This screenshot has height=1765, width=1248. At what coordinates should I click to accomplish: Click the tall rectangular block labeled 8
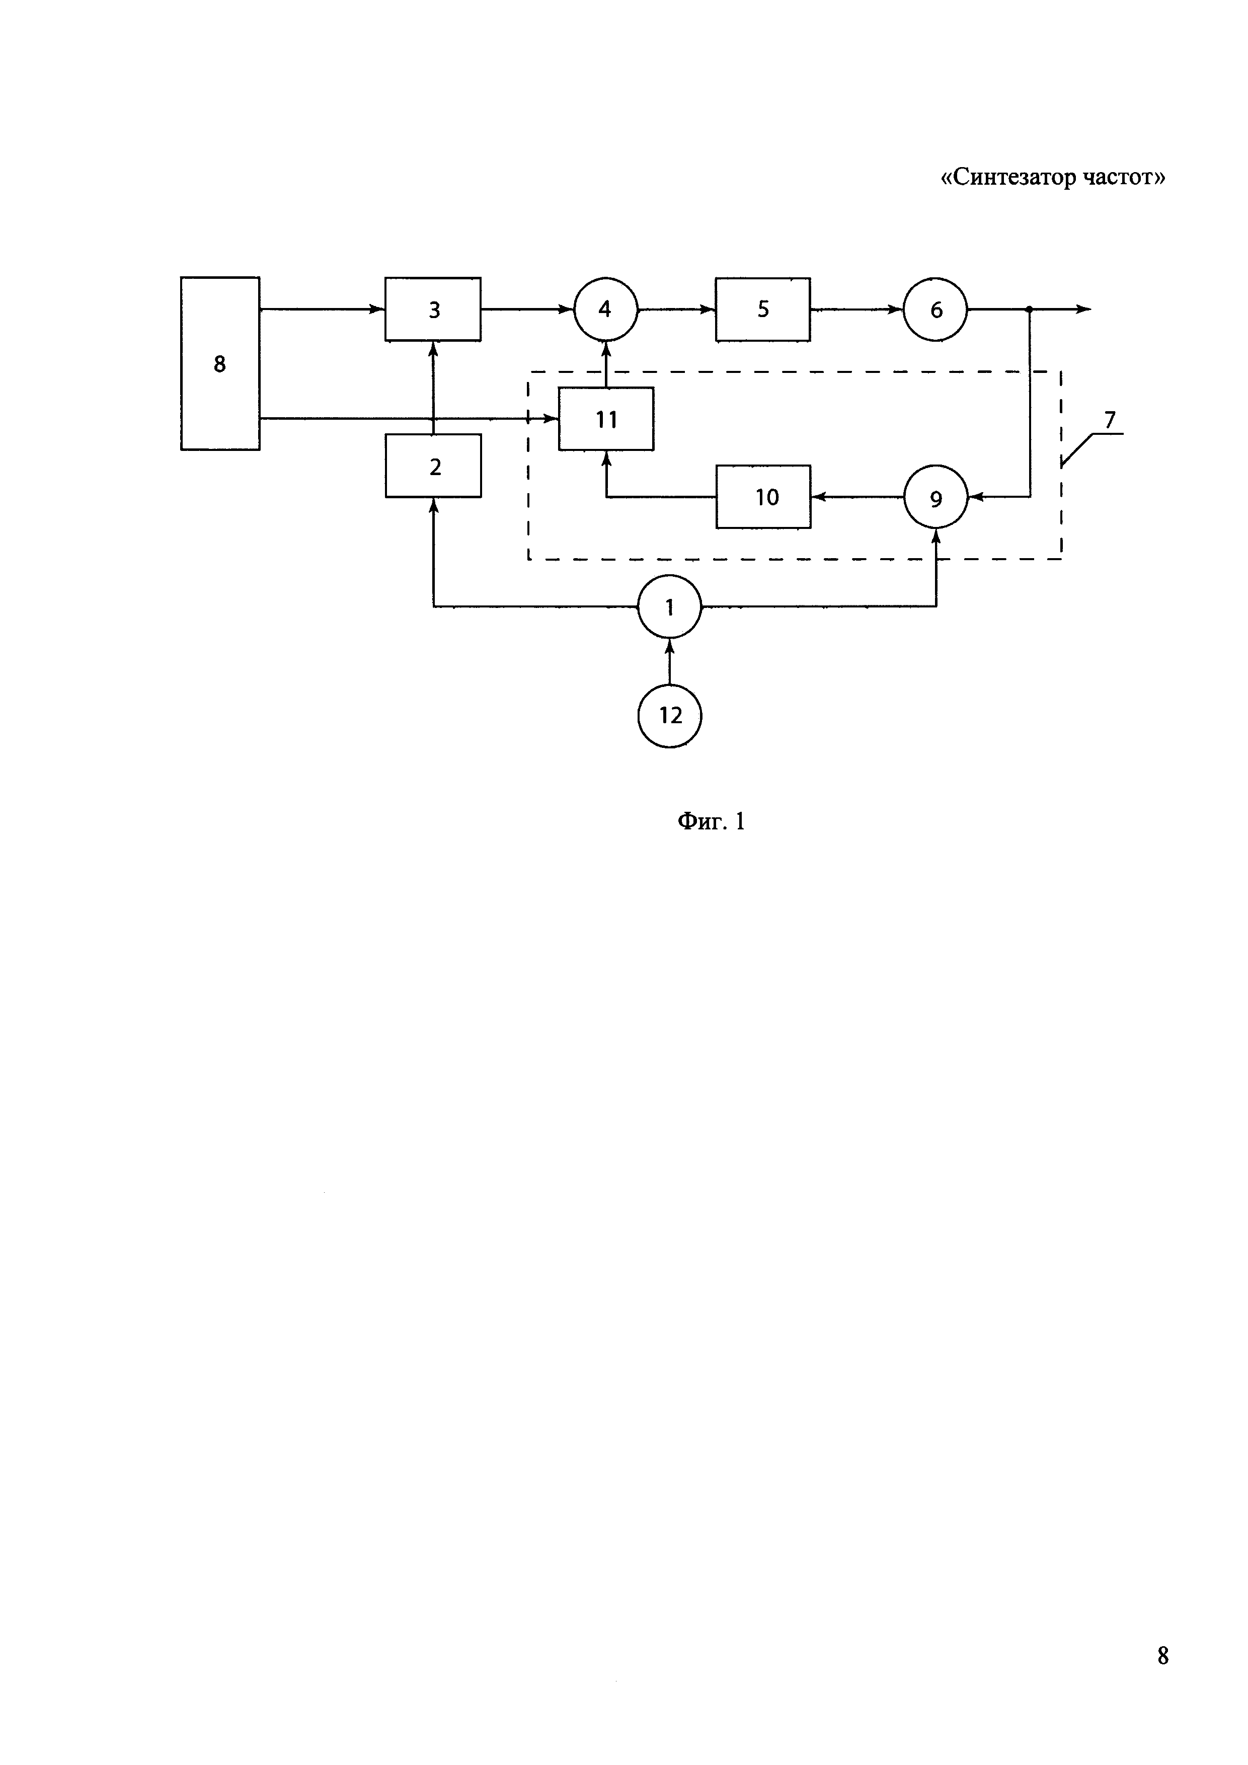click(x=220, y=363)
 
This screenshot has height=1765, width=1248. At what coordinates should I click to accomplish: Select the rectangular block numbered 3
click(x=433, y=309)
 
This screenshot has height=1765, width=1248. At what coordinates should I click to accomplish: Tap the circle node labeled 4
click(x=605, y=309)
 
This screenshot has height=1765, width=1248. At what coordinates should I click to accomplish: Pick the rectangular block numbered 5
click(x=762, y=309)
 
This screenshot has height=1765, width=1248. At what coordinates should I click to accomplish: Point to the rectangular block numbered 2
click(x=433, y=466)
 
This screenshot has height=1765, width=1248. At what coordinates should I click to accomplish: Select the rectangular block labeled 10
click(x=763, y=497)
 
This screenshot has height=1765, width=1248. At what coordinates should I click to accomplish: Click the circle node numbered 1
click(x=669, y=606)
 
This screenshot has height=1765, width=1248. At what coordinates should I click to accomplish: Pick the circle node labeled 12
click(x=670, y=716)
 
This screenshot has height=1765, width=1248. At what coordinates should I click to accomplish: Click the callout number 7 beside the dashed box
click(x=1109, y=420)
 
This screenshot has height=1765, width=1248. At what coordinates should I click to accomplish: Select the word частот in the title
click(x=1121, y=178)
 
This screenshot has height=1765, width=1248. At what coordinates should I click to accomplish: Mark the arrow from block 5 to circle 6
click(x=856, y=309)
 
